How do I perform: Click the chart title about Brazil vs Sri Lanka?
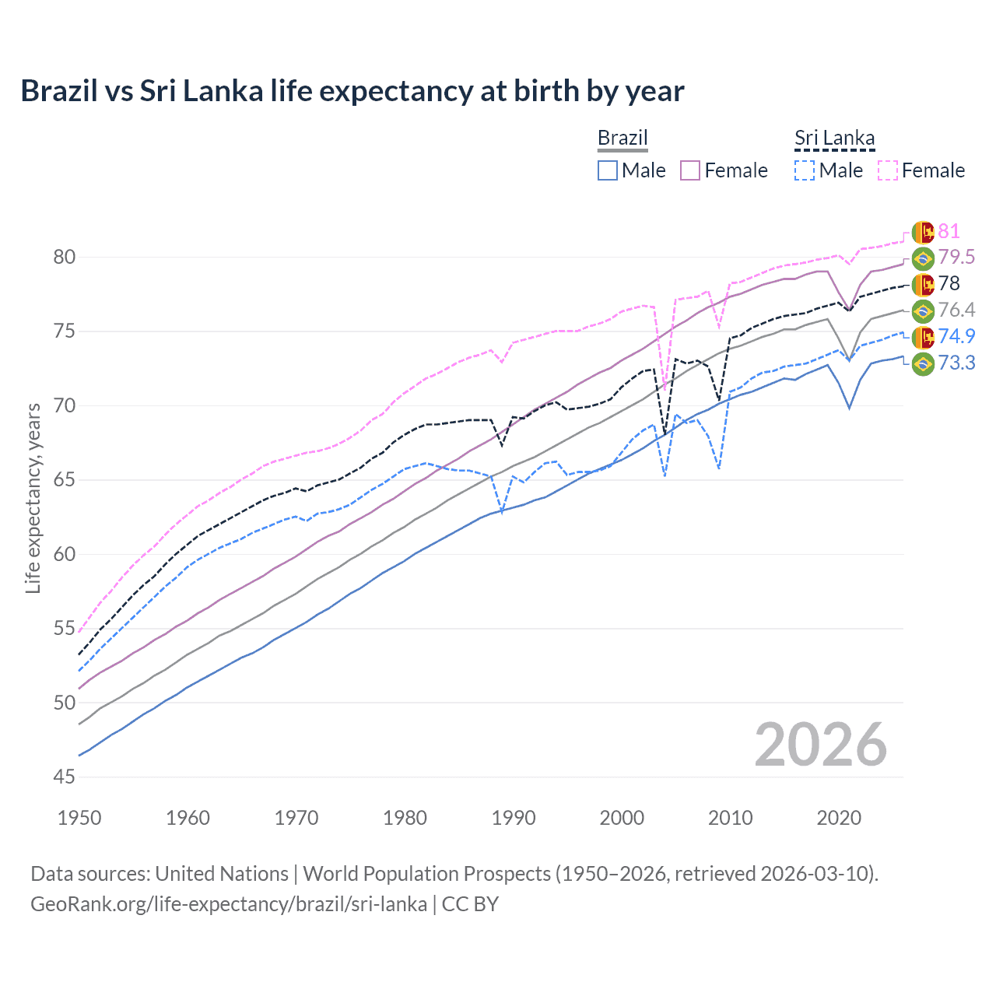352,91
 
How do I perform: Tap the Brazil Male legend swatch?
608,170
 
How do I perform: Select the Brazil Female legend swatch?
690,170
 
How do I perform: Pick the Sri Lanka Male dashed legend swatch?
805,170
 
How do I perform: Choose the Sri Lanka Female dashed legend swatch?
887,170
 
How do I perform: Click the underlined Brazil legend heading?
622,138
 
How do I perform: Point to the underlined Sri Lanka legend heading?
834,138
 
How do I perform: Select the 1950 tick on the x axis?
79,818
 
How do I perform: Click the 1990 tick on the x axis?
514,818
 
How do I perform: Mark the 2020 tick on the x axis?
839,818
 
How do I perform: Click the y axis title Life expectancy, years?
33,498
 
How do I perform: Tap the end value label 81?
949,231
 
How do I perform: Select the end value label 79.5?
956,258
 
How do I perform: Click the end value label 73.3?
956,363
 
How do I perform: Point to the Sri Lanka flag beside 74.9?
923,337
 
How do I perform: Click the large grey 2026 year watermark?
821,745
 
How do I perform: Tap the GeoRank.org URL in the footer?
229,904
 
